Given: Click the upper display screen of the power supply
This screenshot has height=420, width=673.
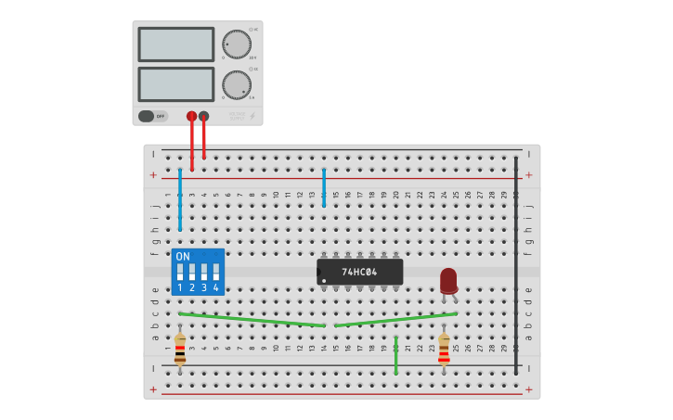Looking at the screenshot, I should click(x=176, y=44).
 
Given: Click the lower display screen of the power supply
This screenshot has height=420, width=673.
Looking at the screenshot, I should click(x=176, y=84).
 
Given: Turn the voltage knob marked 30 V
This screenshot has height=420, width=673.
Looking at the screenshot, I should click(x=237, y=44).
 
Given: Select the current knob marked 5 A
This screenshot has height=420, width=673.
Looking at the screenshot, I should click(x=237, y=84).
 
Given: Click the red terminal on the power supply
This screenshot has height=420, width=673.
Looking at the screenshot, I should click(x=191, y=116).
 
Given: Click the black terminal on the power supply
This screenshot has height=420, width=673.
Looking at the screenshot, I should click(x=204, y=116).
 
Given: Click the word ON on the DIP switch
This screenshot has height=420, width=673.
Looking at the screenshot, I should click(x=183, y=257).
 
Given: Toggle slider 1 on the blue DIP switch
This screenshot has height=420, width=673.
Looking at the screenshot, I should click(x=180, y=273).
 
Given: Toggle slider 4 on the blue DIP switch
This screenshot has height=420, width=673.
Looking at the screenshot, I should click(x=216, y=273).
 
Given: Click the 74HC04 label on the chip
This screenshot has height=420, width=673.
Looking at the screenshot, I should click(x=359, y=272).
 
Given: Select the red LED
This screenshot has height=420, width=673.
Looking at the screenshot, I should click(x=448, y=280).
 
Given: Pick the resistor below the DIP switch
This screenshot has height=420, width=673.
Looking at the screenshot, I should click(x=180, y=350).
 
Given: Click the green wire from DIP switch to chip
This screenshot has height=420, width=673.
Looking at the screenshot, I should click(x=251, y=320).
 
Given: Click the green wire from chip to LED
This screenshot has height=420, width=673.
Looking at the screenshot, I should click(x=395, y=319).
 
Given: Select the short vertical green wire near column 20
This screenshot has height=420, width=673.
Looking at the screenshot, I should click(x=395, y=356).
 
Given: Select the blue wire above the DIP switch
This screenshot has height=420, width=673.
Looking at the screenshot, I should click(x=180, y=199).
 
